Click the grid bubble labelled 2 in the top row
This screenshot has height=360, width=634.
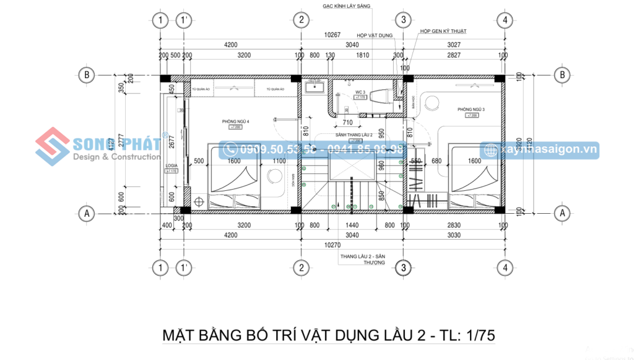301,20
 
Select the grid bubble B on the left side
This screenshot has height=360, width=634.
87,75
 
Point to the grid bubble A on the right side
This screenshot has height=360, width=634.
563,213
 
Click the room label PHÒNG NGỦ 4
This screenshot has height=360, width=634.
235,121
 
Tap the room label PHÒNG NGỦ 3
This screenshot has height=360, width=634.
471,110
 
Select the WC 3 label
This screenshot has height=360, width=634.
360,92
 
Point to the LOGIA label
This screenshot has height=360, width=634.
172,167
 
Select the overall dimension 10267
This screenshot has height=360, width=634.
334,35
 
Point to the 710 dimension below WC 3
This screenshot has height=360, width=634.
347,121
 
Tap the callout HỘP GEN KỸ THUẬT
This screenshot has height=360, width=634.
443,31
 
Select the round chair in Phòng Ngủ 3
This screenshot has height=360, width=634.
431,103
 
